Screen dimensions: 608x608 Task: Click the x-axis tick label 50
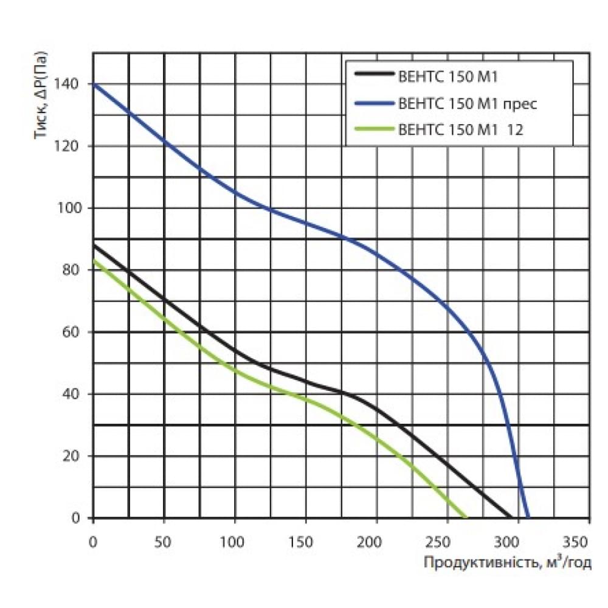[x=164, y=541]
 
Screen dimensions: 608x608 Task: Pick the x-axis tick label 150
[x=305, y=541]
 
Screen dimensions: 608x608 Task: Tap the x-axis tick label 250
[x=447, y=541]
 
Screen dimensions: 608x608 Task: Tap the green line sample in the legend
[x=373, y=130]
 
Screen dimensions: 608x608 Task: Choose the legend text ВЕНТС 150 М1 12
[x=460, y=130]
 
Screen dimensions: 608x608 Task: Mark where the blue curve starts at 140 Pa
[x=94, y=84]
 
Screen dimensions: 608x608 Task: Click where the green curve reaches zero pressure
[x=466, y=517]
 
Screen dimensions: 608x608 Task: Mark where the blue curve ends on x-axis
[x=527, y=517]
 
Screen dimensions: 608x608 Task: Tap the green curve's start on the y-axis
[x=94, y=260]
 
